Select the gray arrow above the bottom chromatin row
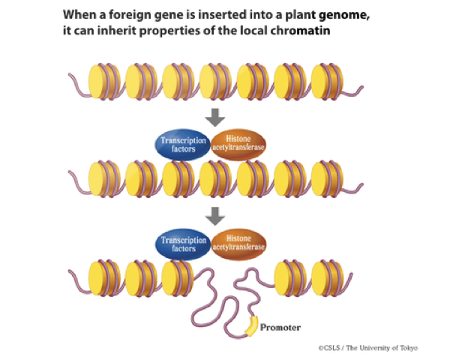tap(215, 215)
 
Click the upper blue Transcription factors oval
tap(181, 143)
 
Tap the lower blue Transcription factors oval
tap(181, 244)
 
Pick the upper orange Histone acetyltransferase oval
tap(239, 143)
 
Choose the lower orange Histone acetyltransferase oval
tap(239, 244)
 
